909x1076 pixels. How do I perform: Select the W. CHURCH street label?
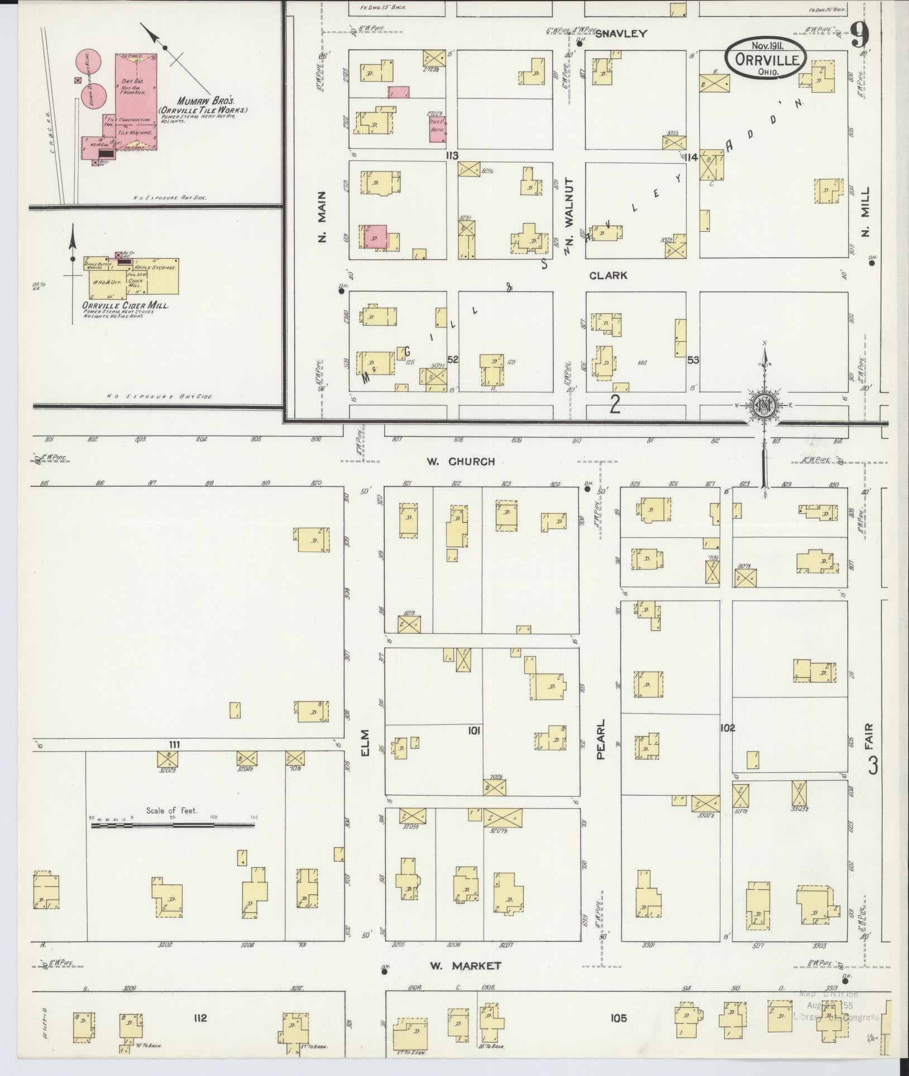click(461, 461)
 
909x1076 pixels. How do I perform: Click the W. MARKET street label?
click(465, 965)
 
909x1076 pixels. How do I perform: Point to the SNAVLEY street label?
click(620, 34)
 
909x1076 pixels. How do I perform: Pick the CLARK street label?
click(608, 275)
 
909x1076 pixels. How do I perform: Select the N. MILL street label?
click(865, 212)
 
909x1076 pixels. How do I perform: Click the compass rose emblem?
click(762, 406)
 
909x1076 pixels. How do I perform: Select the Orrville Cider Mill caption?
click(126, 306)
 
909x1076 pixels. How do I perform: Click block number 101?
click(475, 730)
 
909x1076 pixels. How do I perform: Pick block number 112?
click(200, 1018)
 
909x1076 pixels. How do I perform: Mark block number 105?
click(618, 1018)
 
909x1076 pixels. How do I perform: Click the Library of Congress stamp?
click(836, 1005)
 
